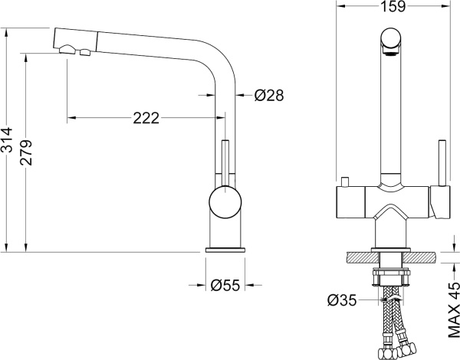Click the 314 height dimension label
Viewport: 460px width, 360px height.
[7, 139]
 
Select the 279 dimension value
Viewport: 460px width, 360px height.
[26, 152]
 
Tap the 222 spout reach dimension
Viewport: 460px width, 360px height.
[146, 118]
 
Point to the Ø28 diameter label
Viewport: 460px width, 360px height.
[269, 95]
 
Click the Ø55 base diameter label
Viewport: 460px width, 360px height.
[225, 285]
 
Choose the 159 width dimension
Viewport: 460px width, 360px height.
[393, 6]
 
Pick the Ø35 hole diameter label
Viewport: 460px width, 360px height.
[342, 300]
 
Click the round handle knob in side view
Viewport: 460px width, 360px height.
[225, 202]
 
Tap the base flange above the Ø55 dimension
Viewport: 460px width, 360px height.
[225, 250]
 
